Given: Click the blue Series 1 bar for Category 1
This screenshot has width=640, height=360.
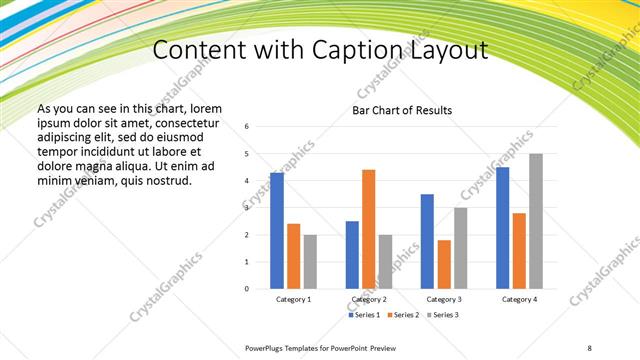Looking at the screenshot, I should [x=277, y=231].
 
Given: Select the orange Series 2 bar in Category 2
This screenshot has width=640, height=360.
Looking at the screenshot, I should [x=368, y=229].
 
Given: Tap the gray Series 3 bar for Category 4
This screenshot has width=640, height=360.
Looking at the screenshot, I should [x=535, y=221].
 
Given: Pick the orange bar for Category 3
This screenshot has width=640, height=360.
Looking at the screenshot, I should [x=444, y=264].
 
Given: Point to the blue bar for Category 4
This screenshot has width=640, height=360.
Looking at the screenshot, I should [x=502, y=228].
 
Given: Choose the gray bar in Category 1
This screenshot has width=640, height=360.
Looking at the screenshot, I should [x=310, y=262].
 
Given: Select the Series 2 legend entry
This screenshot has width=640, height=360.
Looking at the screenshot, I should [x=403, y=315].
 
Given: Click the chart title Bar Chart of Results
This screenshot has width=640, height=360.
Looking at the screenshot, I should [x=402, y=110].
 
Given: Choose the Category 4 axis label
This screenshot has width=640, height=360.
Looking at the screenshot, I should [x=519, y=300].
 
